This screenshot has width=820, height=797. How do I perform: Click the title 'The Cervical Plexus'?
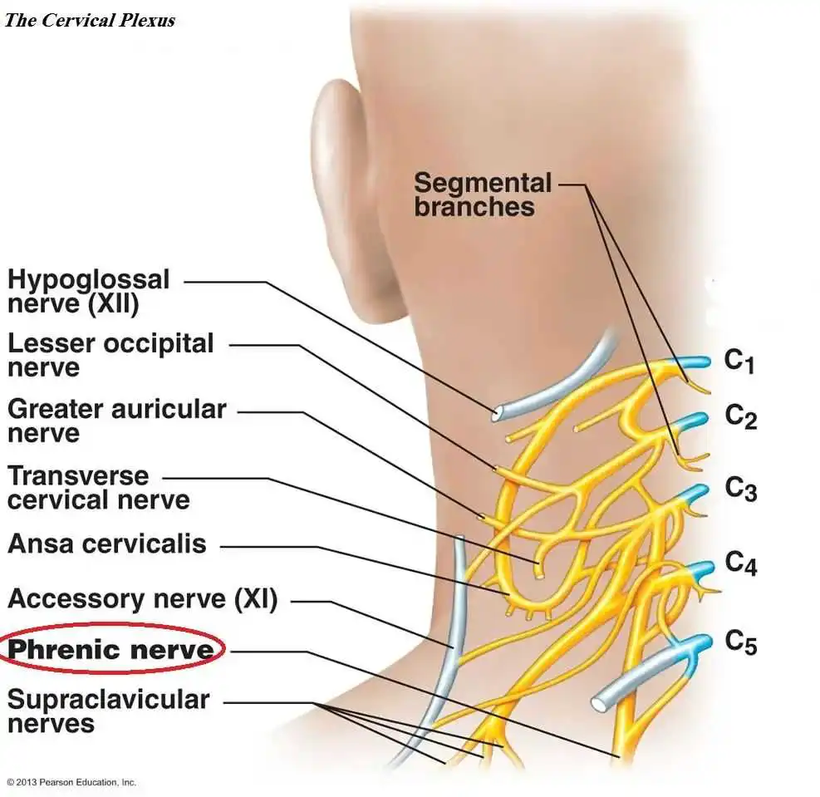click(x=90, y=21)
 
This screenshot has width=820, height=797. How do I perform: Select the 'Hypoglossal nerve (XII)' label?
click(x=88, y=292)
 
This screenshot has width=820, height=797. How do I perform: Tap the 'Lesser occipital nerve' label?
click(x=110, y=355)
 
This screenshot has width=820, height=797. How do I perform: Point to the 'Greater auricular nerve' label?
click(x=116, y=421)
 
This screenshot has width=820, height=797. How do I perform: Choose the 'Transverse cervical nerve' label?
click(x=98, y=487)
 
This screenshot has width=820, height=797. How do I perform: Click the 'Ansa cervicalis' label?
click(x=107, y=544)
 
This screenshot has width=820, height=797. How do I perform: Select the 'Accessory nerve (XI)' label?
click(x=143, y=599)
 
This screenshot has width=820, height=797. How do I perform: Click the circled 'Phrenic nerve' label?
click(x=110, y=650)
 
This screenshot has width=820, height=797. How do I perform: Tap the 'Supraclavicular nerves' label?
click(x=108, y=711)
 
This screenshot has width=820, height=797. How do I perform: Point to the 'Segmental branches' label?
click(x=483, y=194)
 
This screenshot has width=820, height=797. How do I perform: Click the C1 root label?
click(x=739, y=362)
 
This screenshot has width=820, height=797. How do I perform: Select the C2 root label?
click(x=740, y=417)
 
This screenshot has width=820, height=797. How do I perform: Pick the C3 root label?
click(x=740, y=489)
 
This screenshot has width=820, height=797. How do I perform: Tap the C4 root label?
click(x=741, y=563)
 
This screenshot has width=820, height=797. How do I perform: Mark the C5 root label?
click(x=741, y=642)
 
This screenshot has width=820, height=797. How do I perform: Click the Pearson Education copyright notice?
click(x=71, y=782)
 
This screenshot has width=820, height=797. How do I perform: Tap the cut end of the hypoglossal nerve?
click(x=495, y=413)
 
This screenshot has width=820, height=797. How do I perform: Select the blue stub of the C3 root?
click(x=694, y=493)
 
